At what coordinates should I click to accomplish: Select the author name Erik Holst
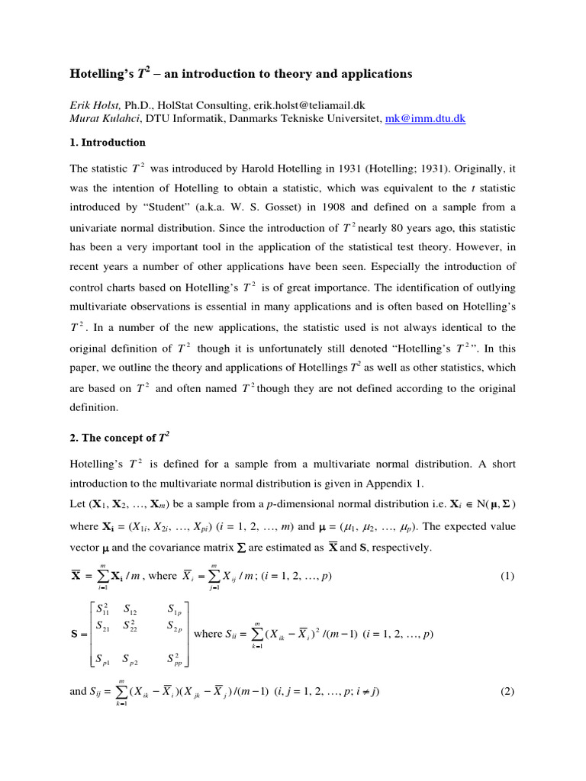tap(95, 105)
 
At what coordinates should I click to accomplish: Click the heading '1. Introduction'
tap(108, 143)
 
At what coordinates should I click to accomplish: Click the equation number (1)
tap(507, 576)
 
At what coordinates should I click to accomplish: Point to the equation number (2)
tap(507, 692)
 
